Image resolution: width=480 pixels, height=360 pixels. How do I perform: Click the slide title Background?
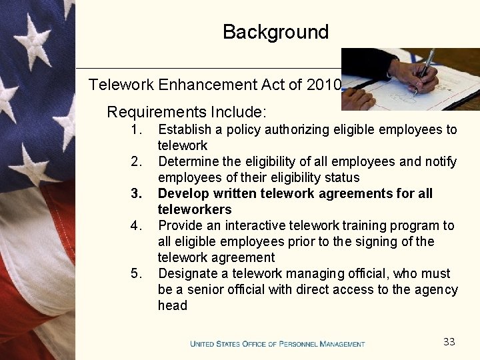(275, 32)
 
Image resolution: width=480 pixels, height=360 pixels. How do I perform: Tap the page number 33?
(449, 342)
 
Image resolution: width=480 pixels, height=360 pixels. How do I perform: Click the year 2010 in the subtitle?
(325, 85)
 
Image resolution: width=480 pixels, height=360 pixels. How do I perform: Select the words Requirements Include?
(187, 111)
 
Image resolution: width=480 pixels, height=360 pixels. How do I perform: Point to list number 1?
(136, 129)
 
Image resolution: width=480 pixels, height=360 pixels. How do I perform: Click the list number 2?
(136, 161)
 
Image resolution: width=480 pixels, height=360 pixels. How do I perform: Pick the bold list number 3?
(137, 193)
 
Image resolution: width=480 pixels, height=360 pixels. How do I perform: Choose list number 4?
(136, 225)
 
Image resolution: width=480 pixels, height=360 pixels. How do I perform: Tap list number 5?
(136, 273)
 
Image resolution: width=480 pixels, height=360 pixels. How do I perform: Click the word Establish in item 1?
(184, 129)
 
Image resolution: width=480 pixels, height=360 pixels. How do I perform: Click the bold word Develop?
(183, 193)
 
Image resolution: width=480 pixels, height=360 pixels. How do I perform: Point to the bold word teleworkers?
(195, 209)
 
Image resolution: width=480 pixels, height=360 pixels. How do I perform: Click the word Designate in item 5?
(187, 273)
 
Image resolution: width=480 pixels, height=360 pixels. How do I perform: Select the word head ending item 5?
(173, 305)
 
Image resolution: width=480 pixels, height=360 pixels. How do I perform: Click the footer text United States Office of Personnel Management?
(277, 344)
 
